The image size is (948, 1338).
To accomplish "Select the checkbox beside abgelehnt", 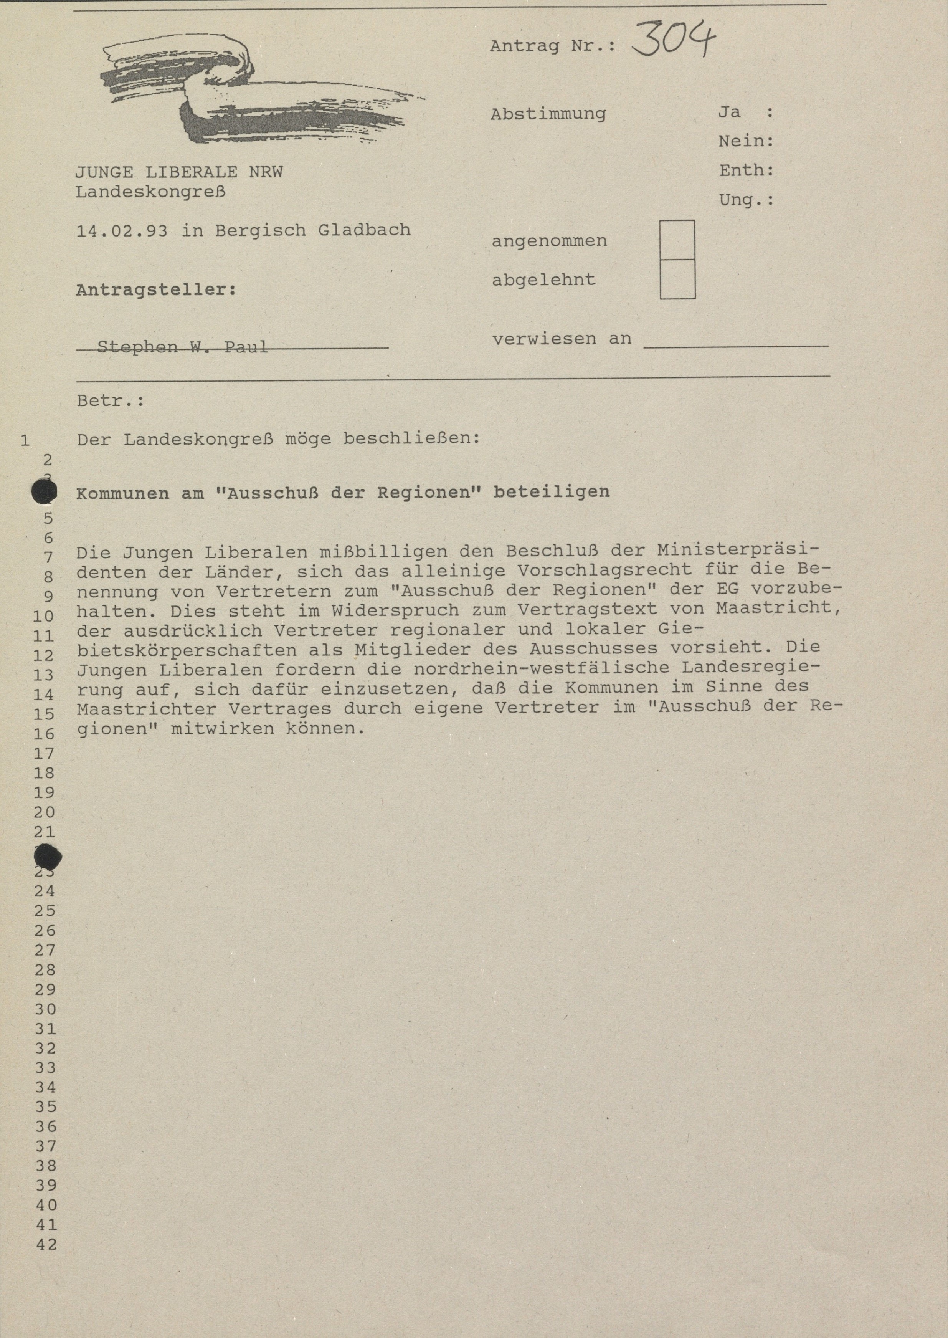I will (677, 279).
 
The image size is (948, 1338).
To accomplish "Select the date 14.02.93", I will (121, 231).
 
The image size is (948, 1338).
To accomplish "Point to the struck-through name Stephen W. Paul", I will (182, 347).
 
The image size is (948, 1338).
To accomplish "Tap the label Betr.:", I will (110, 401).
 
